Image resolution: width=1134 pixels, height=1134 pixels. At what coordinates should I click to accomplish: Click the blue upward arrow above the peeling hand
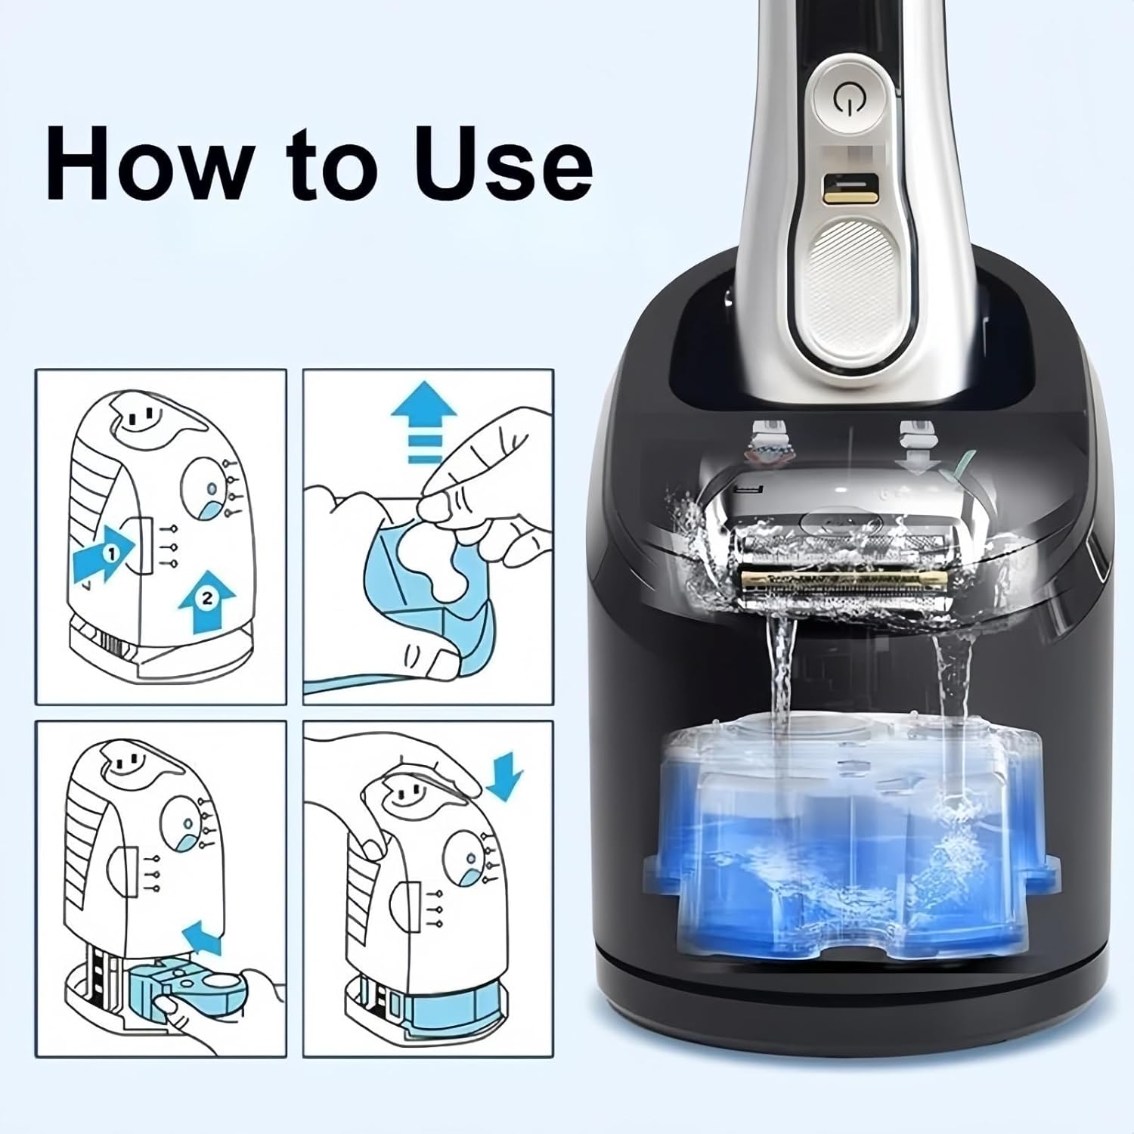(423, 422)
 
